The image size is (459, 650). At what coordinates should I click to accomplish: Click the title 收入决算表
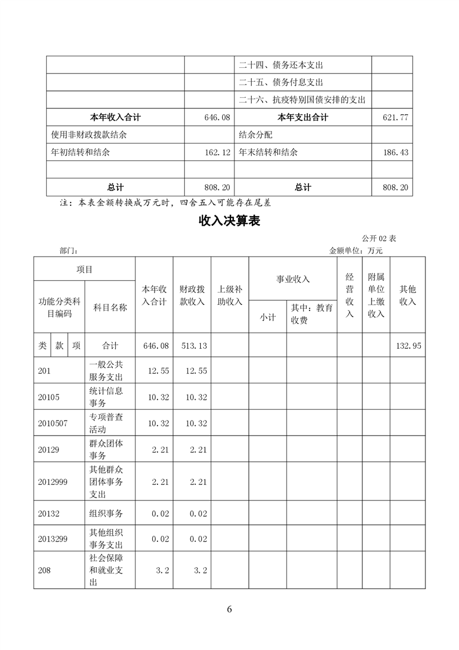click(x=229, y=221)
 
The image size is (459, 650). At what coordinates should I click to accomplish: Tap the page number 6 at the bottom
click(x=229, y=609)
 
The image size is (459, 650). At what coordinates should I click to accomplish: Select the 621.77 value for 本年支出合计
click(x=396, y=118)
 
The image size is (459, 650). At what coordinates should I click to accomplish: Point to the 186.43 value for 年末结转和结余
click(x=396, y=152)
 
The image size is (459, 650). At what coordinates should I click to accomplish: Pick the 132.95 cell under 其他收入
click(x=408, y=346)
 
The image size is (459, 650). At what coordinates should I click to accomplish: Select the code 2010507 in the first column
click(x=52, y=423)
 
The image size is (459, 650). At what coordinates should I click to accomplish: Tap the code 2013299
click(x=52, y=539)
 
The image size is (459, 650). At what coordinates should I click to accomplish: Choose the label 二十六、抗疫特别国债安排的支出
click(x=302, y=100)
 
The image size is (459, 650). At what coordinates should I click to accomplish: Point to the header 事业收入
click(x=293, y=279)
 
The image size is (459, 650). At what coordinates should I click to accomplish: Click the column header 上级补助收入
click(x=230, y=295)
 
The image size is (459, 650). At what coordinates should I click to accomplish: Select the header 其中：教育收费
click(x=311, y=314)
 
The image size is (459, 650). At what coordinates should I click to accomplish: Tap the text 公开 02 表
click(x=379, y=239)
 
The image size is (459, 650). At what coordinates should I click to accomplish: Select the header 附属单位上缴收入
click(x=376, y=295)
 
